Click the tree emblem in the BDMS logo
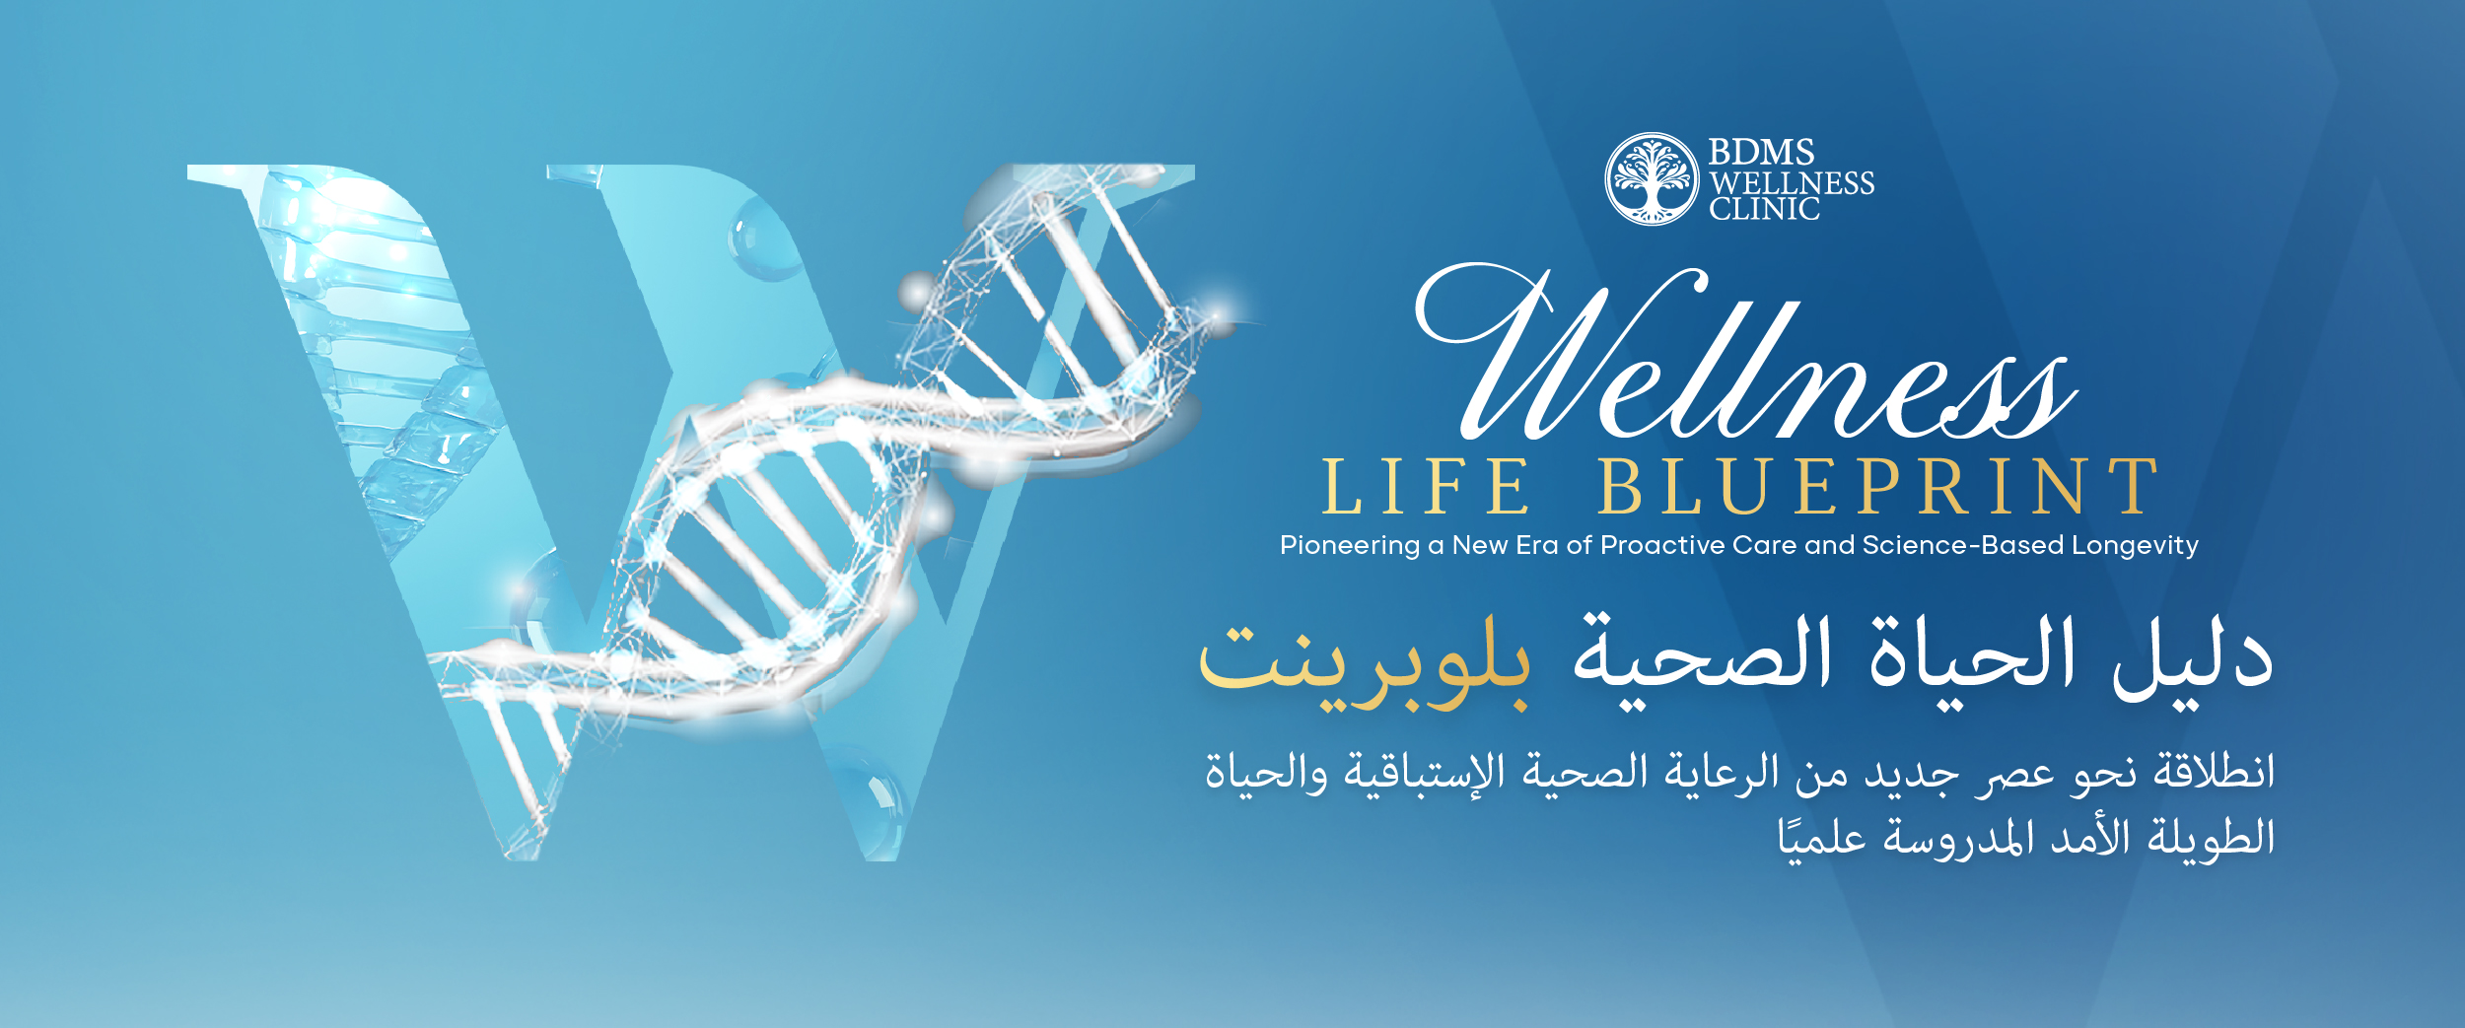(1653, 179)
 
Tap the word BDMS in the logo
(1761, 152)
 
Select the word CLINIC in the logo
(1764, 209)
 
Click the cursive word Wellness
(1746, 353)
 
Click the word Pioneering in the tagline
(1349, 546)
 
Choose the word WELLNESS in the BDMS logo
(1792, 182)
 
